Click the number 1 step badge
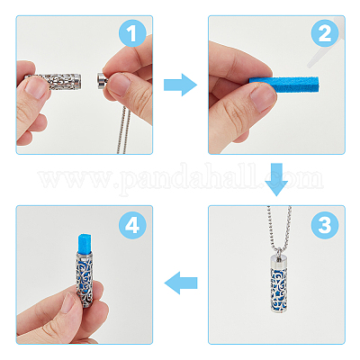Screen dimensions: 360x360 point(132,33)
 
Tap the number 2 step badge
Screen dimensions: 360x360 point(325,33)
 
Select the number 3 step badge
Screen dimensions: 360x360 point(325,225)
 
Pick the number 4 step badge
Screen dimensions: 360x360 point(132,225)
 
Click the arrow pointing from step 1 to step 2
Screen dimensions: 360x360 point(180,85)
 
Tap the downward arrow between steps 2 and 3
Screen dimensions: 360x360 point(276,179)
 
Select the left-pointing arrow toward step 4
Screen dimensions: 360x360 point(181,283)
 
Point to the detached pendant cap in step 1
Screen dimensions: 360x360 point(103,80)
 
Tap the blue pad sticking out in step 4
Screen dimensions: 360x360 point(84,243)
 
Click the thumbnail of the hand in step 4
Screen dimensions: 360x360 point(68,302)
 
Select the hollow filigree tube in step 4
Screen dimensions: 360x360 point(84,280)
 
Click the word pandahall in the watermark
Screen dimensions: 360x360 point(191,178)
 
